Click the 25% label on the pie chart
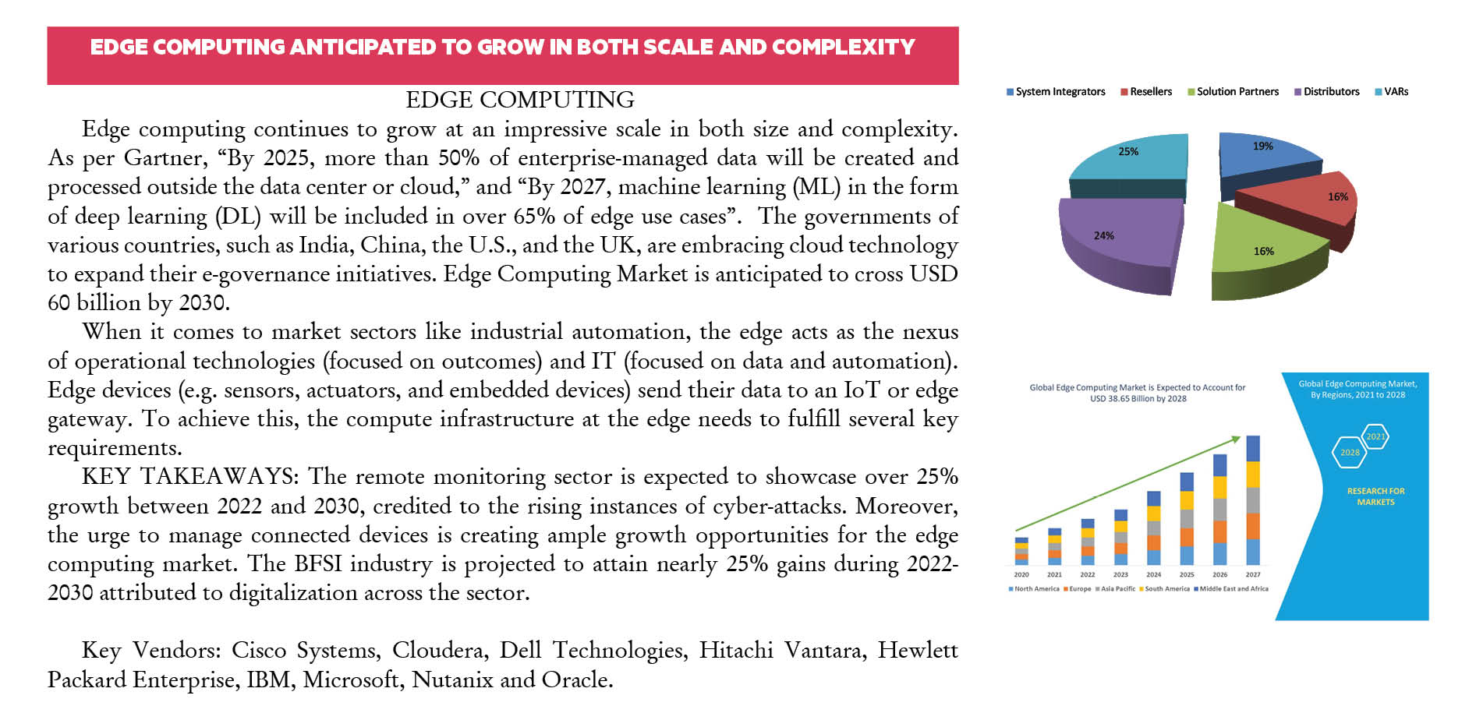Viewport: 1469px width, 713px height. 1127,151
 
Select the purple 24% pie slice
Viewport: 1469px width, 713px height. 1115,242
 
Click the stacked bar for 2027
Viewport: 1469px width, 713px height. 1253,499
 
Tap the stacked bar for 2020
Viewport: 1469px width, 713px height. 1021,551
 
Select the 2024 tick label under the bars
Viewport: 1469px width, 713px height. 1153,575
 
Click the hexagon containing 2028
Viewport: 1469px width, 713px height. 1350,453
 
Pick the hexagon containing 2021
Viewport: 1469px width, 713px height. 1375,436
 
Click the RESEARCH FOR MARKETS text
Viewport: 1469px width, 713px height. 1375,496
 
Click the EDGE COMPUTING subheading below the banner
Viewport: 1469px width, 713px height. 519,100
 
